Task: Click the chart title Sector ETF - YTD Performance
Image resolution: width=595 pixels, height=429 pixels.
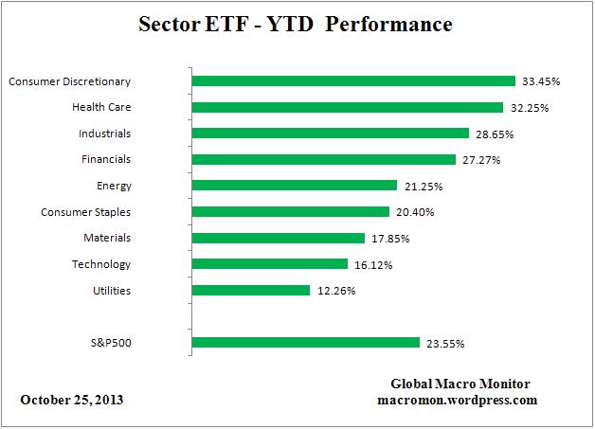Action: [x=297, y=25]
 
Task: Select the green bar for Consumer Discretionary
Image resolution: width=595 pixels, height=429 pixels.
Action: [x=353, y=81]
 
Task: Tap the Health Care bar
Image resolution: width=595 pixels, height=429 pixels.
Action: [x=348, y=107]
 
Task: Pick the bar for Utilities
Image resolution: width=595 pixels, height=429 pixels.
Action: [x=251, y=290]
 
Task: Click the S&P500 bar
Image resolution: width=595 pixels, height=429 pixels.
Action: [x=306, y=342]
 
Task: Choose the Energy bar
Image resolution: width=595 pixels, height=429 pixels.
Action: [x=295, y=186]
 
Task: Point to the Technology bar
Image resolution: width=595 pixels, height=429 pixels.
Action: [x=270, y=264]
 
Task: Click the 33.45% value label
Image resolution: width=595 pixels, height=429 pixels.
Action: [x=540, y=81]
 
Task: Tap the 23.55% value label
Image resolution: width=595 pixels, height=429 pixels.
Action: [x=444, y=343]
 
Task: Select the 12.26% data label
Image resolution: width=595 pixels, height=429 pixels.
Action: [x=335, y=291]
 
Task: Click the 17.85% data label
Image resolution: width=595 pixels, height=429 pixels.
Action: [x=390, y=239]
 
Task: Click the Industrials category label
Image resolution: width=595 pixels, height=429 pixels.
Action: [x=106, y=134]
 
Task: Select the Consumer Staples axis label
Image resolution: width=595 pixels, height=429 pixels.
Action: [x=86, y=212]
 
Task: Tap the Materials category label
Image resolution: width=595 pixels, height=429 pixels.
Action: [x=107, y=238]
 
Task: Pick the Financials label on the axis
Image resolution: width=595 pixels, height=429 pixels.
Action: [x=106, y=159]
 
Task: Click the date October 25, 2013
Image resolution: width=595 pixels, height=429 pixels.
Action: [x=72, y=400]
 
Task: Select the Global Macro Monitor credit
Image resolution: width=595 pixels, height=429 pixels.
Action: [x=460, y=384]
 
